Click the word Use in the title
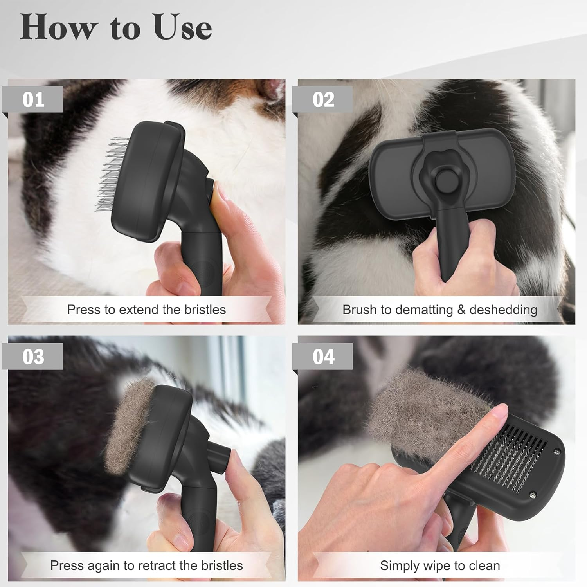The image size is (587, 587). [182, 27]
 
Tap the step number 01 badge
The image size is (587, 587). [33, 100]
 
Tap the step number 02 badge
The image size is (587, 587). [323, 100]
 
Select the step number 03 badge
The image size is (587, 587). [33, 357]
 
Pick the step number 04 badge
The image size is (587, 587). [323, 357]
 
